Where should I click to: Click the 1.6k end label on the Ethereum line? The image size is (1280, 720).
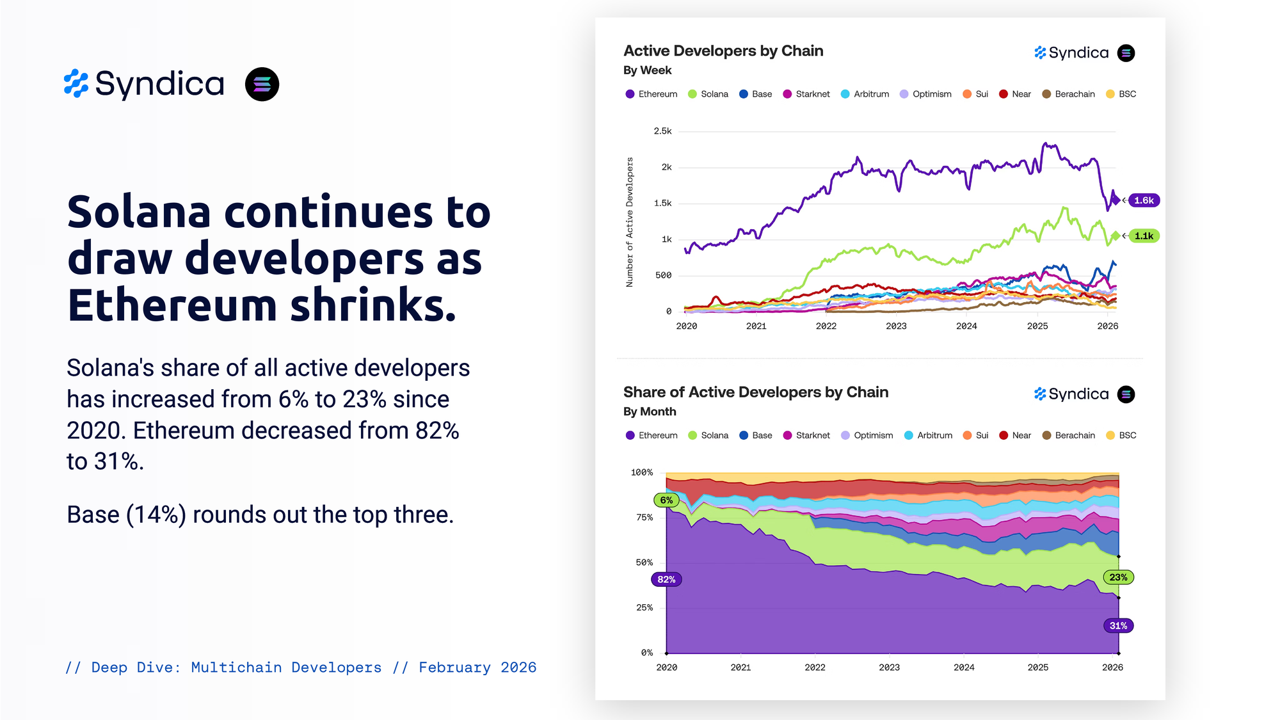tap(1144, 200)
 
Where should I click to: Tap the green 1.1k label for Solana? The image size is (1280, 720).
tap(1144, 236)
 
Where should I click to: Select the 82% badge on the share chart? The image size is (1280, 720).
tap(666, 579)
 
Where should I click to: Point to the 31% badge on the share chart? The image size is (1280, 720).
tap(1118, 625)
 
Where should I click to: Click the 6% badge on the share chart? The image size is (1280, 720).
tap(666, 500)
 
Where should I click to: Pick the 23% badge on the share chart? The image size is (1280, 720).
tap(1118, 577)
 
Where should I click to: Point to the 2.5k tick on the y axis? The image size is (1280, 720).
tap(662, 131)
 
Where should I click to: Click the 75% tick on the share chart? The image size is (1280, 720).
tap(644, 517)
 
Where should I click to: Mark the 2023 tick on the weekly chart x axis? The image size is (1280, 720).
tap(896, 326)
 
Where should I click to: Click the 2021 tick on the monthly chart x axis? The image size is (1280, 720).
tap(740, 667)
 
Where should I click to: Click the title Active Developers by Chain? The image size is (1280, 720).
tap(723, 51)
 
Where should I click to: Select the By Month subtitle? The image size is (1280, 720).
tap(650, 412)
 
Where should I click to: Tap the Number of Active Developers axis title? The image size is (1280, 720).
tap(630, 222)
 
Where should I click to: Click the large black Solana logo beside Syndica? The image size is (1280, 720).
tap(262, 84)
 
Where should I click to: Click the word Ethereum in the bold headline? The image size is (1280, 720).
tap(173, 305)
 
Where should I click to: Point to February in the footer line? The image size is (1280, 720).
tap(454, 668)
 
